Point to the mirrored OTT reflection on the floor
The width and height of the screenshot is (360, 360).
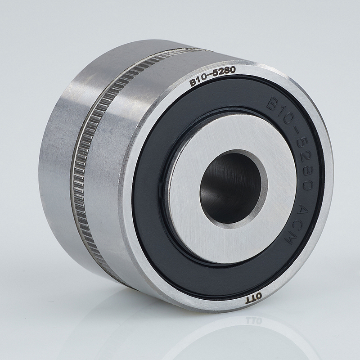click(x=254, y=320)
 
